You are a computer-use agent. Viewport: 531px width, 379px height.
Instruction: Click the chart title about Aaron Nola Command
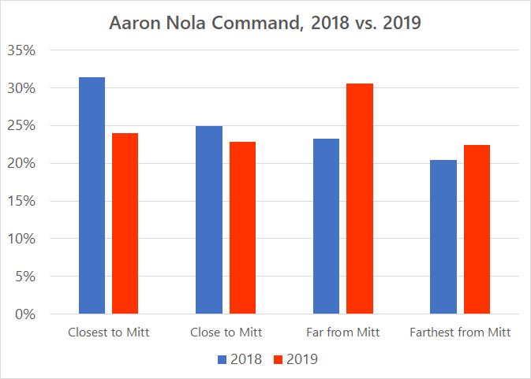(265, 24)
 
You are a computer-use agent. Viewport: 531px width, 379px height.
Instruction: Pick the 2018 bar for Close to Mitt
(209, 220)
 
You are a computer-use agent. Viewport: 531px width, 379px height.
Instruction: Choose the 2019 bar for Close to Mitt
(242, 228)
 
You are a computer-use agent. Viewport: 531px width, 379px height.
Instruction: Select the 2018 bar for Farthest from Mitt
(443, 236)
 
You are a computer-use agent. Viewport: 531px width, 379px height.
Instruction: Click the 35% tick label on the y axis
(21, 50)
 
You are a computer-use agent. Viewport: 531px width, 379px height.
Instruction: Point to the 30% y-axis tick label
(21, 88)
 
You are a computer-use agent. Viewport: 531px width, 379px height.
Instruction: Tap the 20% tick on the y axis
(21, 163)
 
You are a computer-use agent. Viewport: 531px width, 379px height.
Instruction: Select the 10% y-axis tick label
(21, 239)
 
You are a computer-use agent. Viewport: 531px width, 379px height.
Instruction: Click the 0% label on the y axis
(24, 314)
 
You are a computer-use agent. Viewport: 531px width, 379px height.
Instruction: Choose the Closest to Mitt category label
(108, 333)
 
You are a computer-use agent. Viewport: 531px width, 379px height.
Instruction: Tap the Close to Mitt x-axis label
(226, 333)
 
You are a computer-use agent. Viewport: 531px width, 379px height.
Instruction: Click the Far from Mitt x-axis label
(342, 333)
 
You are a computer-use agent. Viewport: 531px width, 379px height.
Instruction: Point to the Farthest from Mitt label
(460, 333)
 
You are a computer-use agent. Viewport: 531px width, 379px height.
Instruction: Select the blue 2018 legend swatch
(222, 359)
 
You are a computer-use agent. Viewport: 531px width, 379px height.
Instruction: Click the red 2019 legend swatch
(278, 359)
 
